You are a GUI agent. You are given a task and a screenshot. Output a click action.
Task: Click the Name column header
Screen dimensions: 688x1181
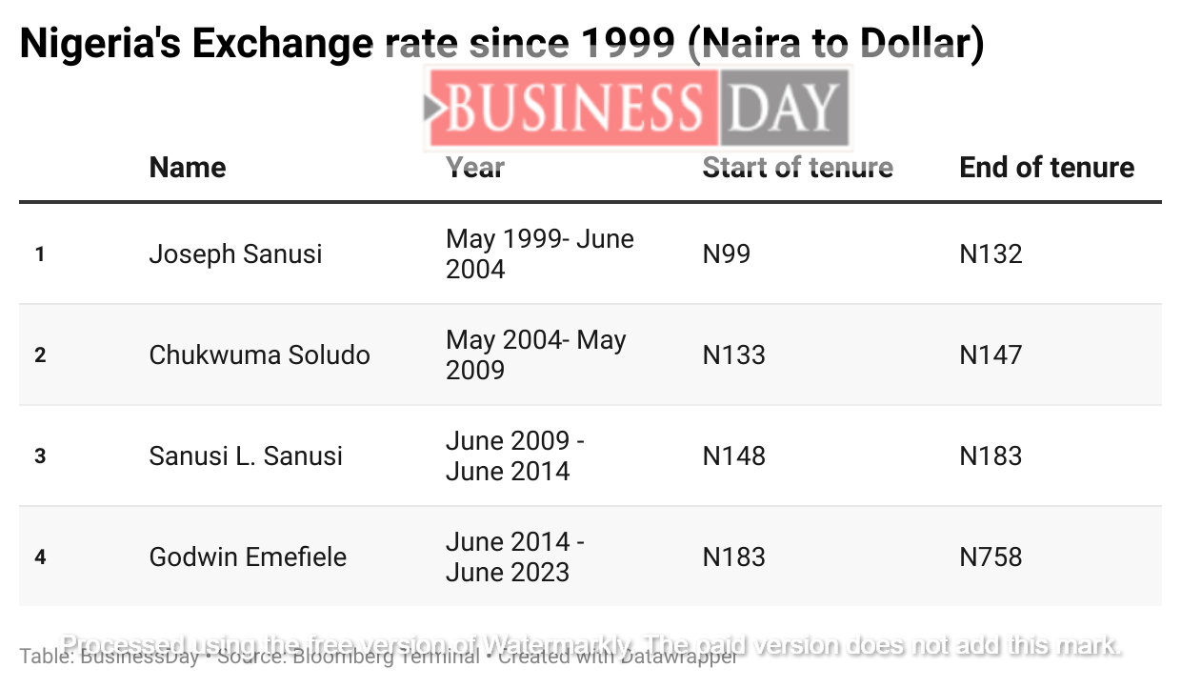tap(188, 168)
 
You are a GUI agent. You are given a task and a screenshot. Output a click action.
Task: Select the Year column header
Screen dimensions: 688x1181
tap(475, 168)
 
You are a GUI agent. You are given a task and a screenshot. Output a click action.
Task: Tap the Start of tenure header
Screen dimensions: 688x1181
tap(797, 168)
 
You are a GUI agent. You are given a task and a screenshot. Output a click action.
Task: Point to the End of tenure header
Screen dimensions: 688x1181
tap(1047, 168)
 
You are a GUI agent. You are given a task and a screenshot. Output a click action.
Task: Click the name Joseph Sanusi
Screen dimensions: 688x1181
tap(235, 254)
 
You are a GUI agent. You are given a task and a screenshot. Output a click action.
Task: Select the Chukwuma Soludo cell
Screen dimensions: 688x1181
tap(259, 355)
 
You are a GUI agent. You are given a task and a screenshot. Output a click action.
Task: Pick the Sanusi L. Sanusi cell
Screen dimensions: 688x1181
tap(246, 456)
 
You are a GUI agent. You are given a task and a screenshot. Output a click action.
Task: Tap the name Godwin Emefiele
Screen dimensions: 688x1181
tap(248, 557)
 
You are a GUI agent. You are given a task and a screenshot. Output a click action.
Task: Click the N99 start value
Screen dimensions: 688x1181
tap(726, 254)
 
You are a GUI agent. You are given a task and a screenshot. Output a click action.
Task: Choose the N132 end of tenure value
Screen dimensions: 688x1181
tap(991, 254)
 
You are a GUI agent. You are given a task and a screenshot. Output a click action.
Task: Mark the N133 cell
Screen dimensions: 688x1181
tap(733, 355)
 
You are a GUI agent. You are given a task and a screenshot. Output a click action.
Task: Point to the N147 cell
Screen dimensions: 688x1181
tap(991, 355)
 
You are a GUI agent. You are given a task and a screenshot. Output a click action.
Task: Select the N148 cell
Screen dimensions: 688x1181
tap(733, 456)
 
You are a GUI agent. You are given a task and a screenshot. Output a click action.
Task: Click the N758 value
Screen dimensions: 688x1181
tap(991, 557)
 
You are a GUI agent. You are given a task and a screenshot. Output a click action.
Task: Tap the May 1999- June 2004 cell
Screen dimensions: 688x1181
tap(539, 254)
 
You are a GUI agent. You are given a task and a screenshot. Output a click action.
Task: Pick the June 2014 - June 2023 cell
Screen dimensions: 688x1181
tap(514, 557)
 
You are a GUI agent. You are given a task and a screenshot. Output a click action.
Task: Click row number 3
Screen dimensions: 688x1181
tap(40, 456)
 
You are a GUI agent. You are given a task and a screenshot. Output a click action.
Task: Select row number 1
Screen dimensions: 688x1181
tap(40, 254)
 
